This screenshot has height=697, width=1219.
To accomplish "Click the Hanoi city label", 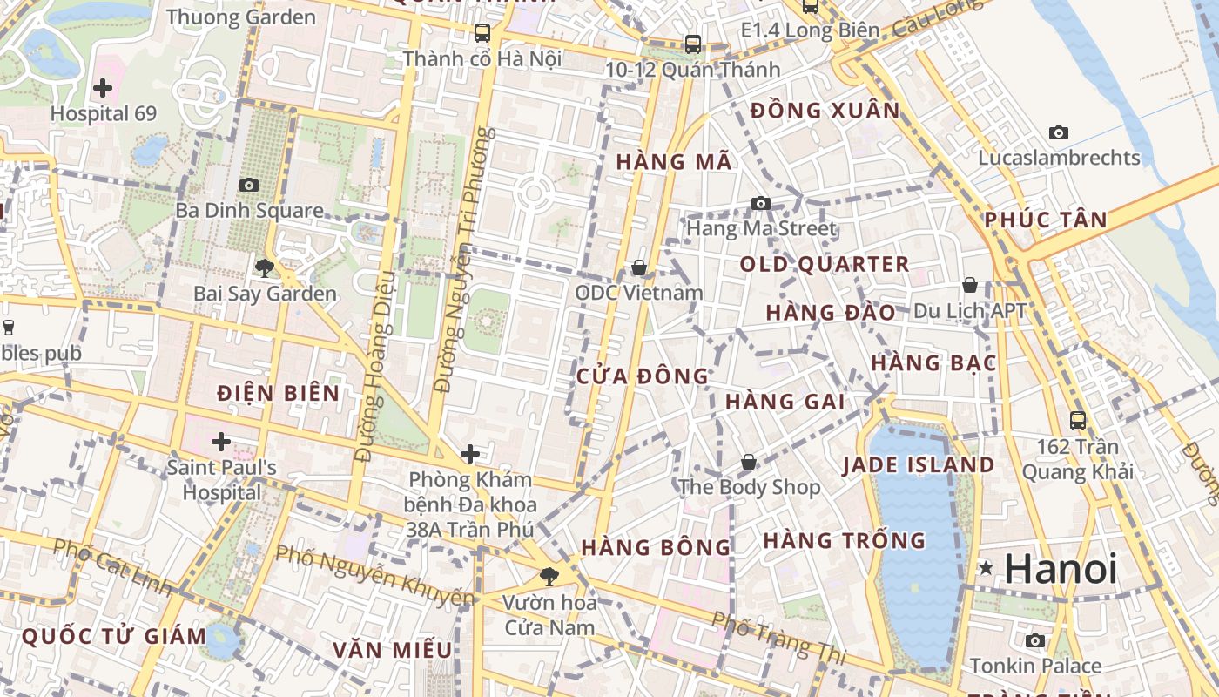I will point(1061,569).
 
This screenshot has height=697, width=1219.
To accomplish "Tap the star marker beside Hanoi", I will point(986,568).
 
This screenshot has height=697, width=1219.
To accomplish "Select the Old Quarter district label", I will point(824,264).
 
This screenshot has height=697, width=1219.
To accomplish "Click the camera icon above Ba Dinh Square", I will point(249,185).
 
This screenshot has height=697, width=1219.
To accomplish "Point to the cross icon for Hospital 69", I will point(103,87).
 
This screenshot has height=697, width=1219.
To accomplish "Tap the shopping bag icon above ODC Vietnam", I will point(639,267).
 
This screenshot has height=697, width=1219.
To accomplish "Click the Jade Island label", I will point(918,464).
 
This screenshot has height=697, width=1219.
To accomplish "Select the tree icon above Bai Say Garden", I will point(265,267).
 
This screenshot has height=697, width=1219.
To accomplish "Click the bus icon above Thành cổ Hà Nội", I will point(482,33).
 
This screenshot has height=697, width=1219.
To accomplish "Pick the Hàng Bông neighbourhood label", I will point(656,547).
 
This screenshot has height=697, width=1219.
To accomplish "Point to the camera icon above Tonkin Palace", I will point(1035,641).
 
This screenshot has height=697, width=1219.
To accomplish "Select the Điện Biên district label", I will point(279,393).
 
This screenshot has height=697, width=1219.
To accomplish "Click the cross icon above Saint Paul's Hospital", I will point(221,442).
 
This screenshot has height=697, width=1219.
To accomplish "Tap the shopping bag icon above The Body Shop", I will point(749,462).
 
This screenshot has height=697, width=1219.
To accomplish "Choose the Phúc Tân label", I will point(1046,220).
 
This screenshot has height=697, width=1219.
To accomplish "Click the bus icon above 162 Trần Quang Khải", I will point(1078,421).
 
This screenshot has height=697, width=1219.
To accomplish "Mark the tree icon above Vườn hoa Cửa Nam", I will point(549,576).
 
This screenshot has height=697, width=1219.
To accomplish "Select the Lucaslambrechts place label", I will point(1059,158).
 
